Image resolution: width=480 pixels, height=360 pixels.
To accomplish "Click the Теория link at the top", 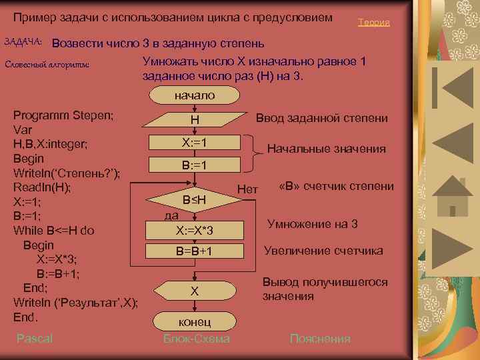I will click(373, 23).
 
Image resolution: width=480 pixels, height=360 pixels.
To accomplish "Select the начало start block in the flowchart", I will click(195, 95).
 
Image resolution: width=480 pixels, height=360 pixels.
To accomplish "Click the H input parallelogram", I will click(195, 120).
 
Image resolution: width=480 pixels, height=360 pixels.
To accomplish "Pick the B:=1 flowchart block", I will click(195, 165).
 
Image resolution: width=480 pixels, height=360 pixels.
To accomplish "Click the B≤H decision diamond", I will click(195, 199).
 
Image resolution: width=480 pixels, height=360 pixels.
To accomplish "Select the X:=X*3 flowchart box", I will click(195, 231).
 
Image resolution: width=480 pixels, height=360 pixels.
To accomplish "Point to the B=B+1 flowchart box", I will click(195, 251).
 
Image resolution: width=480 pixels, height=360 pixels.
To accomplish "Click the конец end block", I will click(195, 321).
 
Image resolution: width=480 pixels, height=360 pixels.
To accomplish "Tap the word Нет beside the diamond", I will click(247, 190).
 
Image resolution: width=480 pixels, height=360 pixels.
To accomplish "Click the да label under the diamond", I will click(171, 215).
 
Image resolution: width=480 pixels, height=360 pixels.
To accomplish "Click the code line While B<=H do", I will click(53, 231).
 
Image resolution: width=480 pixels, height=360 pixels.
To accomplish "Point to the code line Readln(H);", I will click(43, 187).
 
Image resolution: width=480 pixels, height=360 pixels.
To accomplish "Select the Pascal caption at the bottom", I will click(35, 339).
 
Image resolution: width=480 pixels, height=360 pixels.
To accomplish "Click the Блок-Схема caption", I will click(196, 339).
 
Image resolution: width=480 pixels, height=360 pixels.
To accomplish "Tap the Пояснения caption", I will click(319, 339).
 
